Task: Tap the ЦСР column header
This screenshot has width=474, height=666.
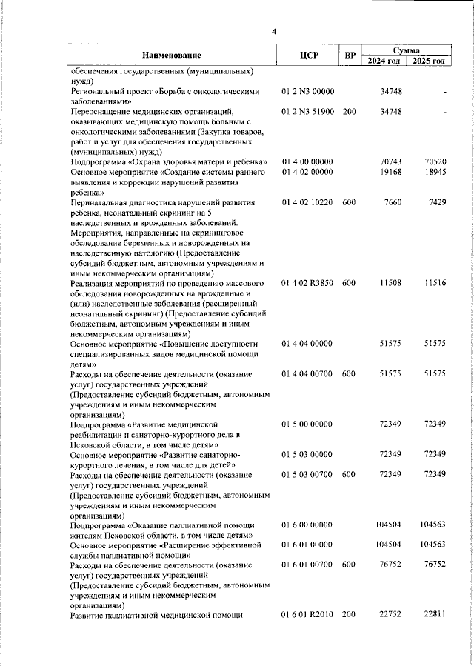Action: [x=309, y=55]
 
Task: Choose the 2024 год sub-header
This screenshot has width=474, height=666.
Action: [x=384, y=61]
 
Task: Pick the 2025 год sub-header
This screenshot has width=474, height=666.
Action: [x=430, y=61]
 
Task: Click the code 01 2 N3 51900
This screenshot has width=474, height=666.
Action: [x=308, y=112]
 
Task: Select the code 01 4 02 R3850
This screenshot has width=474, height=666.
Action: [x=308, y=284]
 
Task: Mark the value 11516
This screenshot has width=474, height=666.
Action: [x=435, y=284]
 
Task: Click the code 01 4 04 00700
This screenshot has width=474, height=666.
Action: [x=308, y=375]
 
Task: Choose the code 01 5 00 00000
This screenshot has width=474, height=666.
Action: [x=308, y=423]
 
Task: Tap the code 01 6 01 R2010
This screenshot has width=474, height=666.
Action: [x=308, y=615]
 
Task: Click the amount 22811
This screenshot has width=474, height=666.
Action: [x=435, y=615]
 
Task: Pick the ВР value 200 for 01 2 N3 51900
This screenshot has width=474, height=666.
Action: [x=350, y=112]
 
